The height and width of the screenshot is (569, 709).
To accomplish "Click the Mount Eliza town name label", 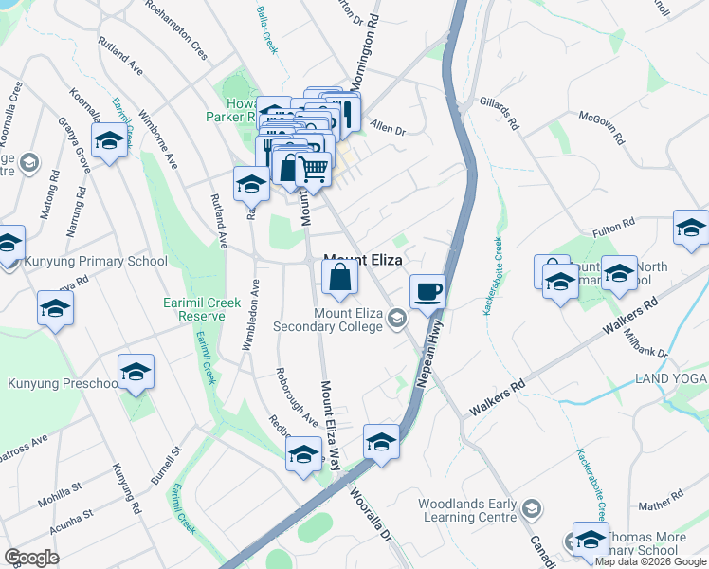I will pos(364,258).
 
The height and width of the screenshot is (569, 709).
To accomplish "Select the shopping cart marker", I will pos(314,169).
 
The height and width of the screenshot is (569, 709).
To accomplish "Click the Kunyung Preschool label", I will pos(63,383).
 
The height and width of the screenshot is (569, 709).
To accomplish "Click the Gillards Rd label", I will pos(500,112).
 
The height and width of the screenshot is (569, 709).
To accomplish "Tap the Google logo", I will pos(32,558).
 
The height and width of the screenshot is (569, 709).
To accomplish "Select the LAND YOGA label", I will pos(671,379).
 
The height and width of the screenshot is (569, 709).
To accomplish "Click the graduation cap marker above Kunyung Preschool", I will pos(55,308).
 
